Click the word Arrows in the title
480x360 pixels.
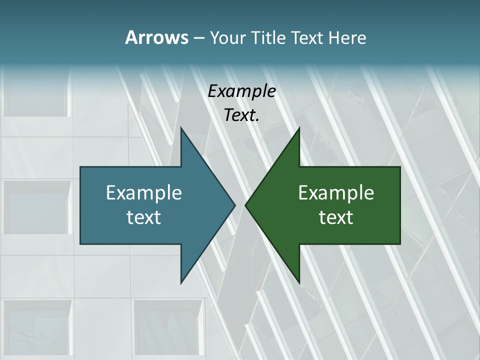156,37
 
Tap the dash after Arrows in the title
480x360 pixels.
198,38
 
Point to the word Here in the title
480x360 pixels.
347,37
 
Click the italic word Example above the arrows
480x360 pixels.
242,91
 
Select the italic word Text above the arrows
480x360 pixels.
240,115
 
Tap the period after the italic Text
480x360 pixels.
257,120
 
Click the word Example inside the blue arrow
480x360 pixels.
144,192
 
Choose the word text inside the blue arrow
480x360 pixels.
144,217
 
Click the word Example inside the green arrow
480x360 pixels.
336,192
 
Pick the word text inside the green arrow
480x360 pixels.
336,217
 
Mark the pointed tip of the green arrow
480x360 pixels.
246,205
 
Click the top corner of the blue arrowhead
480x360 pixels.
181,129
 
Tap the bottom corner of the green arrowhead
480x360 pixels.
299,282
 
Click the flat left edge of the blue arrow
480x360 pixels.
81,205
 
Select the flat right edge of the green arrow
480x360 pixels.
399,205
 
